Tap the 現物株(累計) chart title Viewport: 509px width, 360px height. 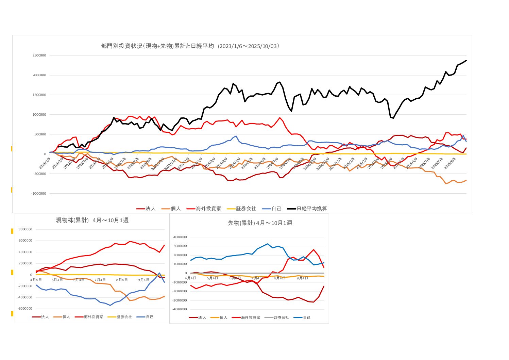92,220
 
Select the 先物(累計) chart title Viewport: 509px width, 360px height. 260,223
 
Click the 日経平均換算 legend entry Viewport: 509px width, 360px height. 311,209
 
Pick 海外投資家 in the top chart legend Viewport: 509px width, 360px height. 208,209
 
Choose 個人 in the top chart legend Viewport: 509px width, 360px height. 175,209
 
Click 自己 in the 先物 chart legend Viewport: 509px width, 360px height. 306,317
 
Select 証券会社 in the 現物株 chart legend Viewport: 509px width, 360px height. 124,317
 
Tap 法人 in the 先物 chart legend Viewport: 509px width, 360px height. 202,317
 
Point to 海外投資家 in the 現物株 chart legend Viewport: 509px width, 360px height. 94,317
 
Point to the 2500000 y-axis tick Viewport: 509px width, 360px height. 39,55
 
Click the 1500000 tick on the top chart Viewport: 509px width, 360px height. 39,95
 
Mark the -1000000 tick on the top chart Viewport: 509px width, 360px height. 39,194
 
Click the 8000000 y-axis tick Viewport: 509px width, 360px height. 25,229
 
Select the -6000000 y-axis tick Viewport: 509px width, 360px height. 25,309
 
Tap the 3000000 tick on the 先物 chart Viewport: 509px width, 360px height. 180,246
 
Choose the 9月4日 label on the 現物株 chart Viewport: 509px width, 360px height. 143,280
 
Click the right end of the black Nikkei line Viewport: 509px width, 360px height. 466,60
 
